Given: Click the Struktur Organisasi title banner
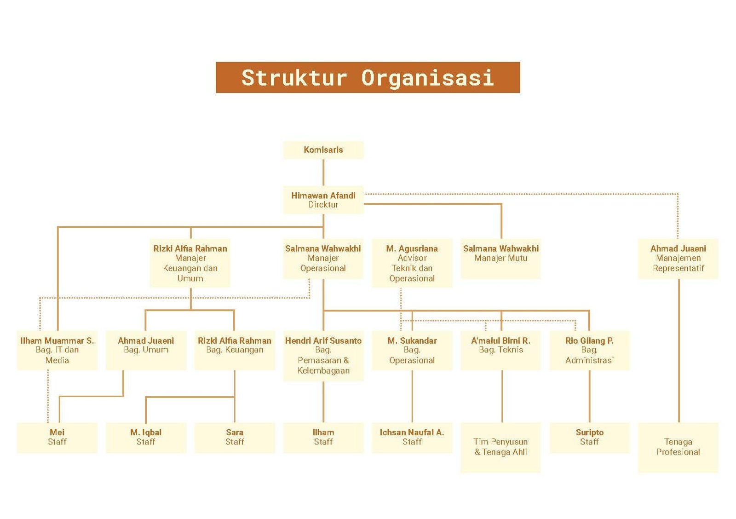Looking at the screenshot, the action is click(x=368, y=78).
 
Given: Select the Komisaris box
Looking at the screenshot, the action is click(x=323, y=150).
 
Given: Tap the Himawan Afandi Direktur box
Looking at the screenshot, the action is click(x=323, y=200).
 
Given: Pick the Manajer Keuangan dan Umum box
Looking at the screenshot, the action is click(x=190, y=263).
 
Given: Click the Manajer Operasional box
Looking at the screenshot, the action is click(x=323, y=259).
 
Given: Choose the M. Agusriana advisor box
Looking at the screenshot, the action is click(x=412, y=263).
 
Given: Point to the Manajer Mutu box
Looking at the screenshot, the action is click(x=501, y=259).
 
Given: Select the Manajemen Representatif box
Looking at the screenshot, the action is click(x=678, y=259).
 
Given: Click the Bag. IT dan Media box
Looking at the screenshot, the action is click(x=57, y=351).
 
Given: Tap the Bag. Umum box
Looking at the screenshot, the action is click(x=146, y=351).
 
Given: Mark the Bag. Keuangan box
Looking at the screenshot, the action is click(x=235, y=351).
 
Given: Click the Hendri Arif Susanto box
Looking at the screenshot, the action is click(x=323, y=356).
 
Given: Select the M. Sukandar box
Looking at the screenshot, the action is click(x=412, y=351).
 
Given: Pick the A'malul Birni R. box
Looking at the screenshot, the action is click(x=501, y=351).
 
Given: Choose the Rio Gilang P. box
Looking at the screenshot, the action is click(x=590, y=351).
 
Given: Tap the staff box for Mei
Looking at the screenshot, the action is click(x=57, y=438).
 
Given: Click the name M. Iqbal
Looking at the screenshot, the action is click(x=146, y=432).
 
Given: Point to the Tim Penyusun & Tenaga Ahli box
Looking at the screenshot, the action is click(x=501, y=448).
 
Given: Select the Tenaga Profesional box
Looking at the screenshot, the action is click(x=678, y=448).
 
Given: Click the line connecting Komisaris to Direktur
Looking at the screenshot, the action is click(x=323, y=173).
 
